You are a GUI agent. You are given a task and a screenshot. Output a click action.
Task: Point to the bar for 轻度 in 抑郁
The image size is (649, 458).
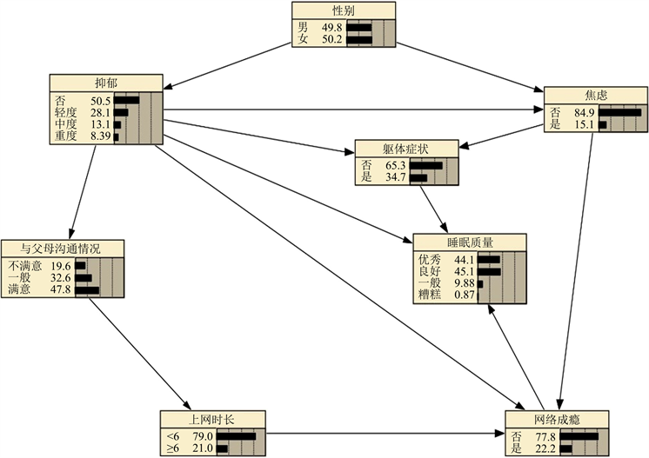tap(121, 112)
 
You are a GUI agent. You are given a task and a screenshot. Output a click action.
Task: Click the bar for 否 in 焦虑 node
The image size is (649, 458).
tap(619, 112)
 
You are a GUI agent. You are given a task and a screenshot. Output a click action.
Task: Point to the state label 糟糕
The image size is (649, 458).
tap(430, 295)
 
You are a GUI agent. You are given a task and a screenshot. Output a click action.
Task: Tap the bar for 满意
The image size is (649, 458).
tap(87, 289)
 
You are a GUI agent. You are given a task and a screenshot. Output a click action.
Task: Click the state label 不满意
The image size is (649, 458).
tap(24, 266)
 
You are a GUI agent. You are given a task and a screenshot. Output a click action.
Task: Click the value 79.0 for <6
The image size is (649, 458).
tap(202, 435)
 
